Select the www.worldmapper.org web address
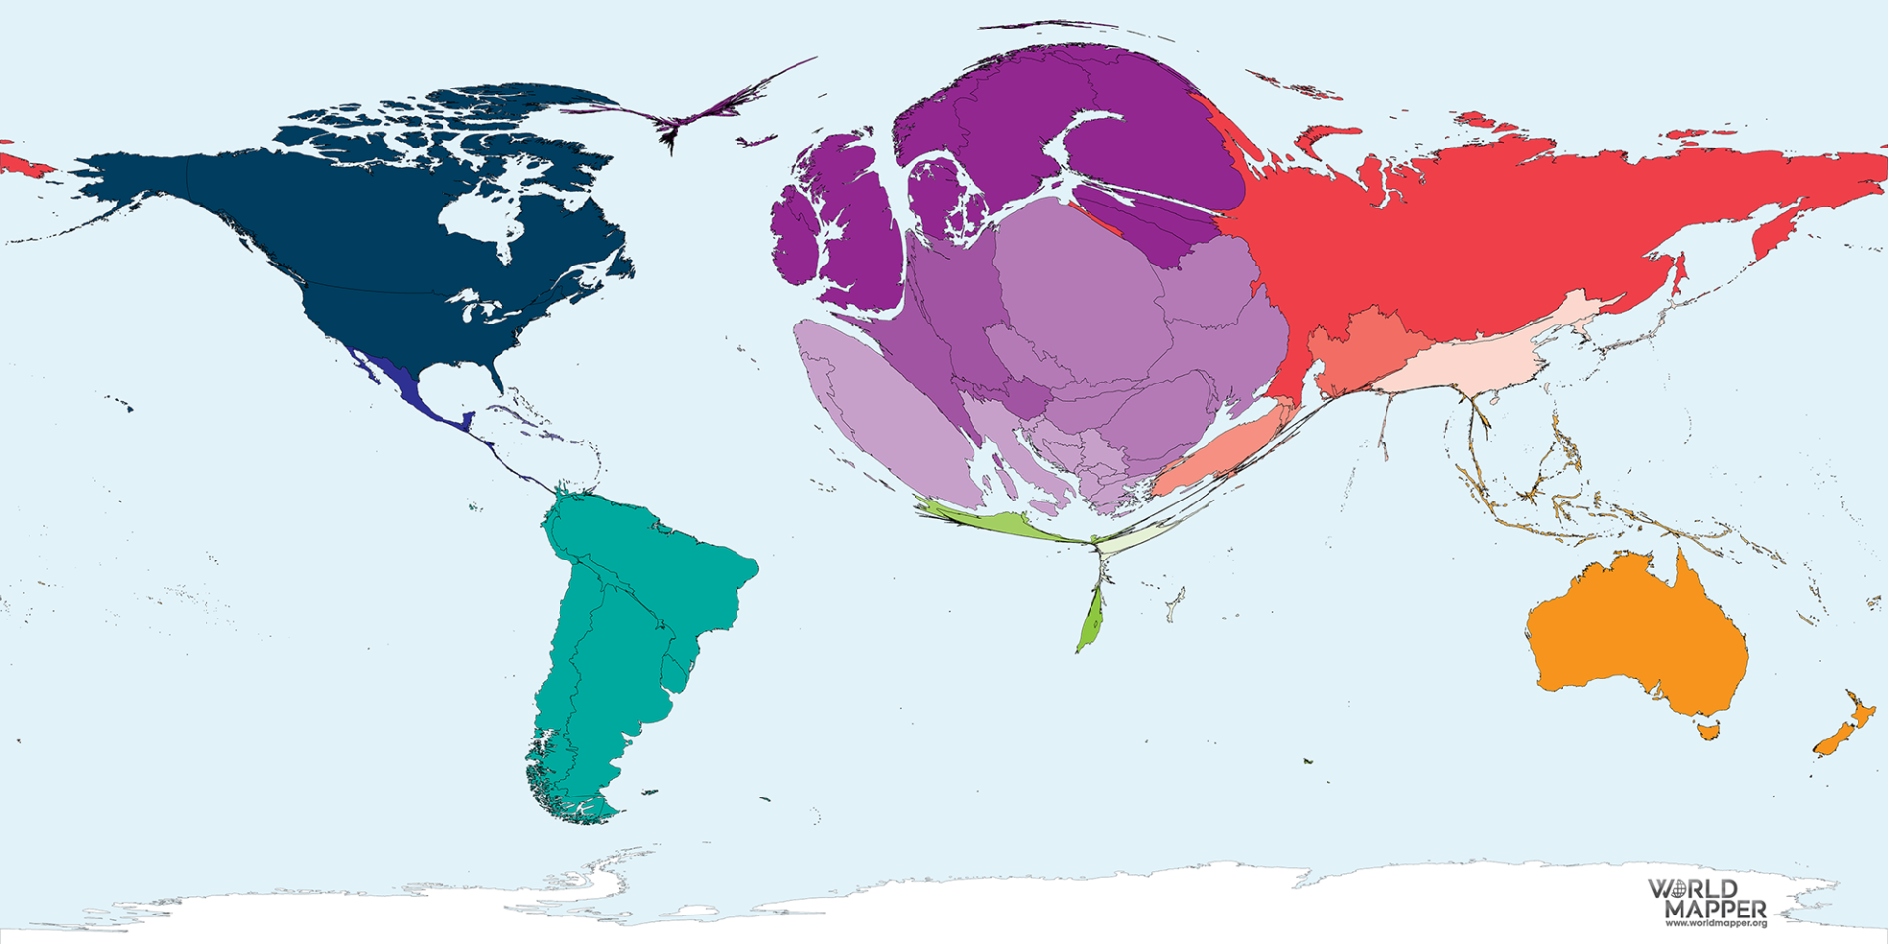[1715, 923]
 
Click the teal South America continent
[629, 610]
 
